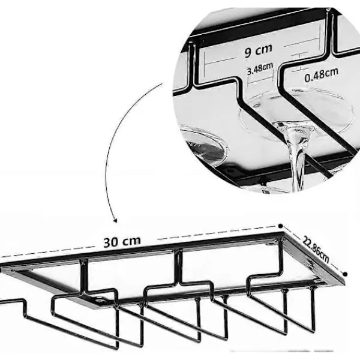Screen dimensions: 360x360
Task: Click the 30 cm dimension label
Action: click(x=122, y=242)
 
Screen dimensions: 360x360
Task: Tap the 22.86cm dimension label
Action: click(x=316, y=250)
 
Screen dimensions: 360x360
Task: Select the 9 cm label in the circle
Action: click(x=258, y=50)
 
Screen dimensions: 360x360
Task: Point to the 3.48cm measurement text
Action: click(x=260, y=68)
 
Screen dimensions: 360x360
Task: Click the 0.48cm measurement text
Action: click(x=321, y=75)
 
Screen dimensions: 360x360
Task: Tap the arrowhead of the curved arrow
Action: click(x=115, y=220)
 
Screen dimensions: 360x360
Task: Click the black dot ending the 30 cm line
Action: click(x=280, y=226)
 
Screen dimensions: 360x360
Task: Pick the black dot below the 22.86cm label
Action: click(x=345, y=274)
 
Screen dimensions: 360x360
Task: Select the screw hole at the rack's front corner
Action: click(x=99, y=300)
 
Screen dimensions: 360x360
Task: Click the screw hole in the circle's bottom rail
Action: click(x=230, y=170)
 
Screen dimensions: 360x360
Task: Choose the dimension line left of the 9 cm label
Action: click(x=220, y=61)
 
